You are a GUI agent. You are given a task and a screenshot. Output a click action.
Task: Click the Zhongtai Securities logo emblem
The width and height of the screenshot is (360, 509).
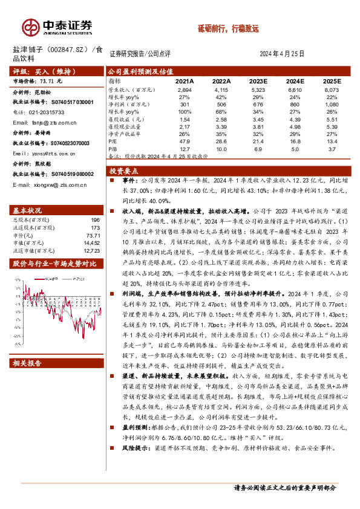[31, 27]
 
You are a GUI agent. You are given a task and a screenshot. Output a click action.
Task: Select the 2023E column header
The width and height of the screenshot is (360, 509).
[258, 80]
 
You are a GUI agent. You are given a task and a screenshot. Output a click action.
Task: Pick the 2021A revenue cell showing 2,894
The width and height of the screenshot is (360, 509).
[183, 89]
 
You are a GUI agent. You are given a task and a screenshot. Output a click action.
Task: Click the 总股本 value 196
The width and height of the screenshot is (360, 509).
[95, 220]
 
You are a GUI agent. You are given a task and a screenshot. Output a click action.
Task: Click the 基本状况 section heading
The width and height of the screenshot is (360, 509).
[27, 210]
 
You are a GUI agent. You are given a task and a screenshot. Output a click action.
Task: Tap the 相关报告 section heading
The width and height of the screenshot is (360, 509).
[27, 363]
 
